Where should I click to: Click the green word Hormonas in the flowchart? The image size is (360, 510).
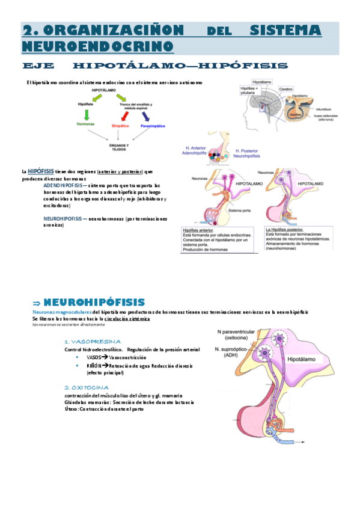(x=85, y=124)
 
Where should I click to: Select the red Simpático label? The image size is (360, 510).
(x=121, y=126)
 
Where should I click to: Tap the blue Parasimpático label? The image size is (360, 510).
(x=153, y=126)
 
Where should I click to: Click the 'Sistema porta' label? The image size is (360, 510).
(x=243, y=211)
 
